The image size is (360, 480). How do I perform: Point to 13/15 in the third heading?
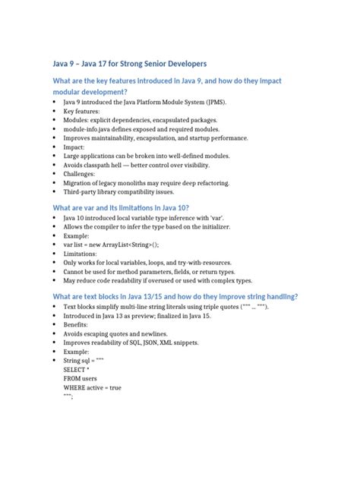click(x=170, y=297)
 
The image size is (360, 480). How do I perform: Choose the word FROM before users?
click(x=73, y=379)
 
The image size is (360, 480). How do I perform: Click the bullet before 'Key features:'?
click(x=55, y=111)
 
